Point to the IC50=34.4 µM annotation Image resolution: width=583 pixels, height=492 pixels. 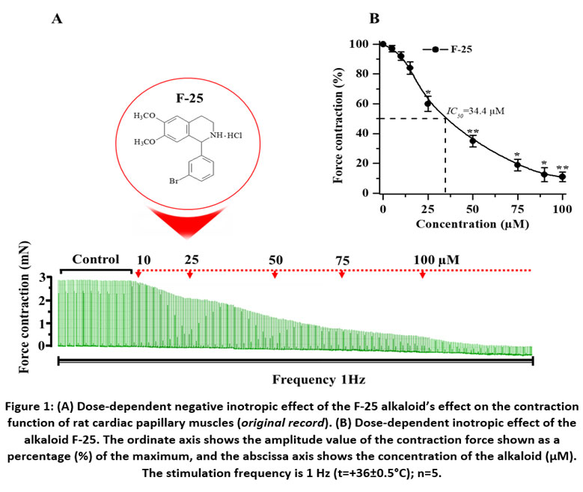click(x=475, y=111)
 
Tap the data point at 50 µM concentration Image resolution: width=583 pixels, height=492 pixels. click(x=472, y=140)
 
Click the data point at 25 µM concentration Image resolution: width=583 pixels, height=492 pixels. click(x=427, y=104)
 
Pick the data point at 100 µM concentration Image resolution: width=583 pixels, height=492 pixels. click(x=562, y=177)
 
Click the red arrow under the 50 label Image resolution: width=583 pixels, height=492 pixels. click(x=275, y=274)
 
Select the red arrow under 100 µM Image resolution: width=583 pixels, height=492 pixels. click(x=423, y=274)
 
